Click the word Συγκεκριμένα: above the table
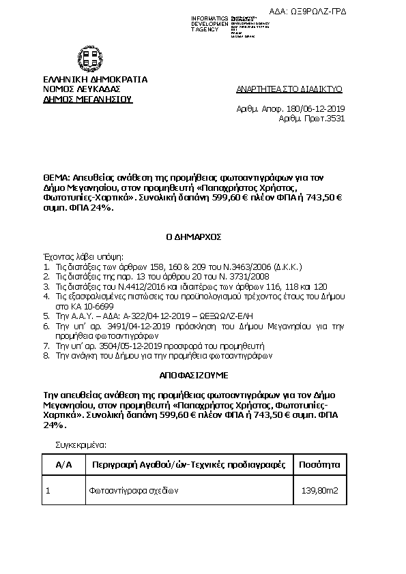coord(81,444)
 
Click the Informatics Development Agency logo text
coord(209,22)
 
